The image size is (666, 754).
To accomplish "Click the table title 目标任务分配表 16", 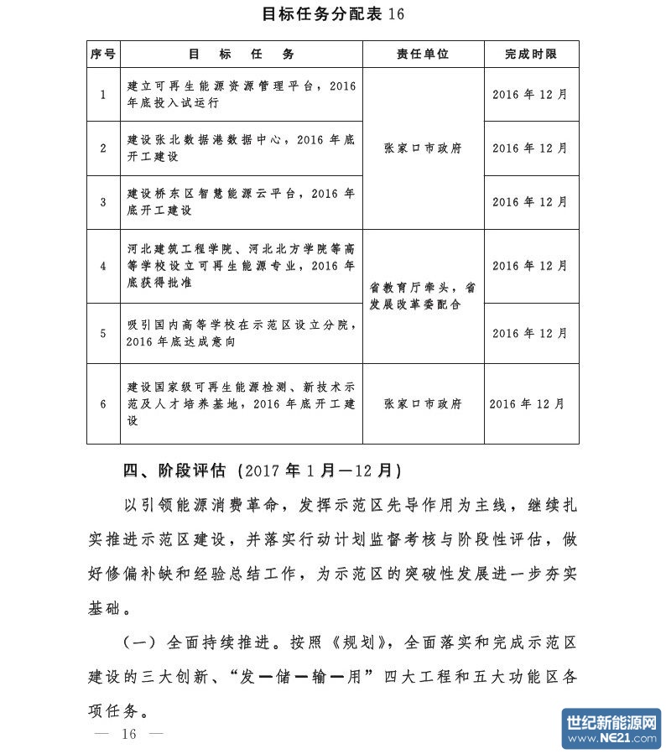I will pos(333,13).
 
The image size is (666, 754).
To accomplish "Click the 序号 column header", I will pos(103,54).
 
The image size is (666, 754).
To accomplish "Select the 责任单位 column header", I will pos(423,54).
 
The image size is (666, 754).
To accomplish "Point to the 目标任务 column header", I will pos(241,54).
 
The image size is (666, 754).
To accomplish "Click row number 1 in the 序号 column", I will pos(103,94).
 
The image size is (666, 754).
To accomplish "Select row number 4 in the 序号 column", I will pos(103,266).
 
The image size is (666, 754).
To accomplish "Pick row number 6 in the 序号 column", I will pos(103,403).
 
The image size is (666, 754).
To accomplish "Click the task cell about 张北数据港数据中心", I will pos(241,148).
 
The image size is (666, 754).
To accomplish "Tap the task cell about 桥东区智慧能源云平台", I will pos(241,201).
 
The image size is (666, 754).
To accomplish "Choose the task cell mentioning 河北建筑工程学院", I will pos(241,266).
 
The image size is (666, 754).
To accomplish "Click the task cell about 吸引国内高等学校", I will pos(241,333).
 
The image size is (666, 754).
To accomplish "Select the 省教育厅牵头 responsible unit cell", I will pos(423,296).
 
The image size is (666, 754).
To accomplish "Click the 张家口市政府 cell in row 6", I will pos(423,403).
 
